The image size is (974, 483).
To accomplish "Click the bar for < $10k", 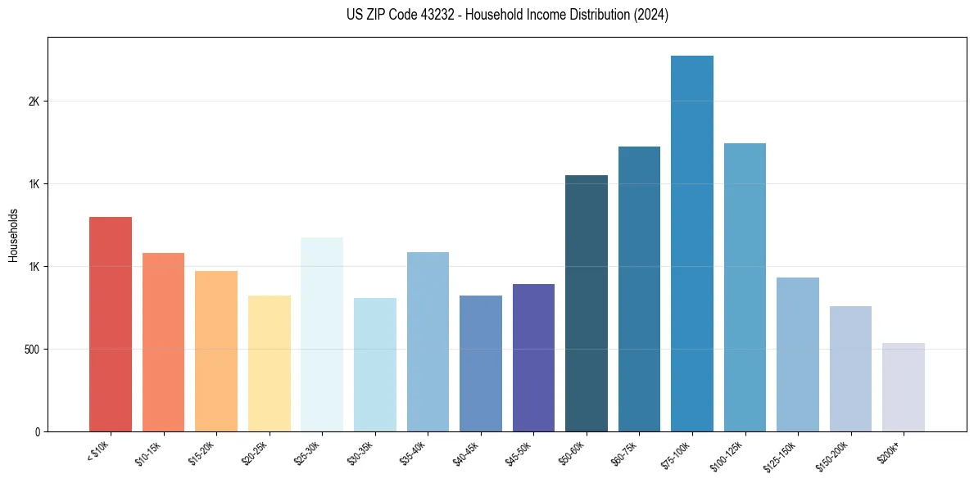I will tap(111, 324).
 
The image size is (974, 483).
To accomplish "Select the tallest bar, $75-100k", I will tap(692, 244).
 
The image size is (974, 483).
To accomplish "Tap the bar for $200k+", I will tap(904, 387).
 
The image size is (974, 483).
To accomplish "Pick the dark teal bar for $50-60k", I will tap(587, 304).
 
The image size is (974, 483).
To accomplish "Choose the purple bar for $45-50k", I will tap(533, 358).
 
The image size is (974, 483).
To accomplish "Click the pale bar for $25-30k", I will tap(322, 335).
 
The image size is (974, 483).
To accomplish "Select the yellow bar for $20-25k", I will tap(270, 363).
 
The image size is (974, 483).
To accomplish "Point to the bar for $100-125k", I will tap(745, 287).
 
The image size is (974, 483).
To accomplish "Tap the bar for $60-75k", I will tap(639, 289).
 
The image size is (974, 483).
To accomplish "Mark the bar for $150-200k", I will tap(850, 369).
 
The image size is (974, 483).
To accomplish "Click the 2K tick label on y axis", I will tap(34, 102).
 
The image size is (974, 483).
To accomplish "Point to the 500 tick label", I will tap(32, 350).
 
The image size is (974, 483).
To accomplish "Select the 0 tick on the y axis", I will tap(38, 431).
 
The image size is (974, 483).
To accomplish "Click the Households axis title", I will tap(13, 235).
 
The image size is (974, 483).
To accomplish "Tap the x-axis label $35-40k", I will tap(418, 452).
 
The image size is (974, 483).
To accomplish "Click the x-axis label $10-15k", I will tap(153, 452).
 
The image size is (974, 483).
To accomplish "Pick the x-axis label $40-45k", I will tap(470, 452).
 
